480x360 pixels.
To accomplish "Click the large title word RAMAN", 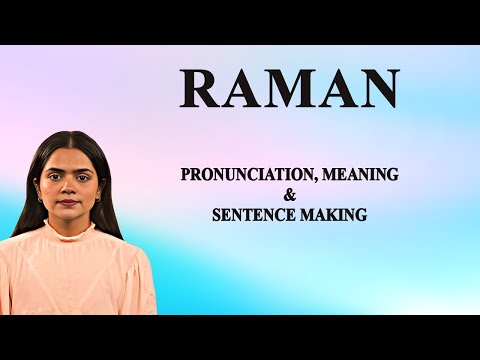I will (x=290, y=89).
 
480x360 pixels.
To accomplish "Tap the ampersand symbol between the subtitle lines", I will (x=290, y=195).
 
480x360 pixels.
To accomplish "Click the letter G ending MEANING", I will (x=393, y=174).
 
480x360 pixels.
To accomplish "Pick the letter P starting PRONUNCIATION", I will (x=186, y=174).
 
